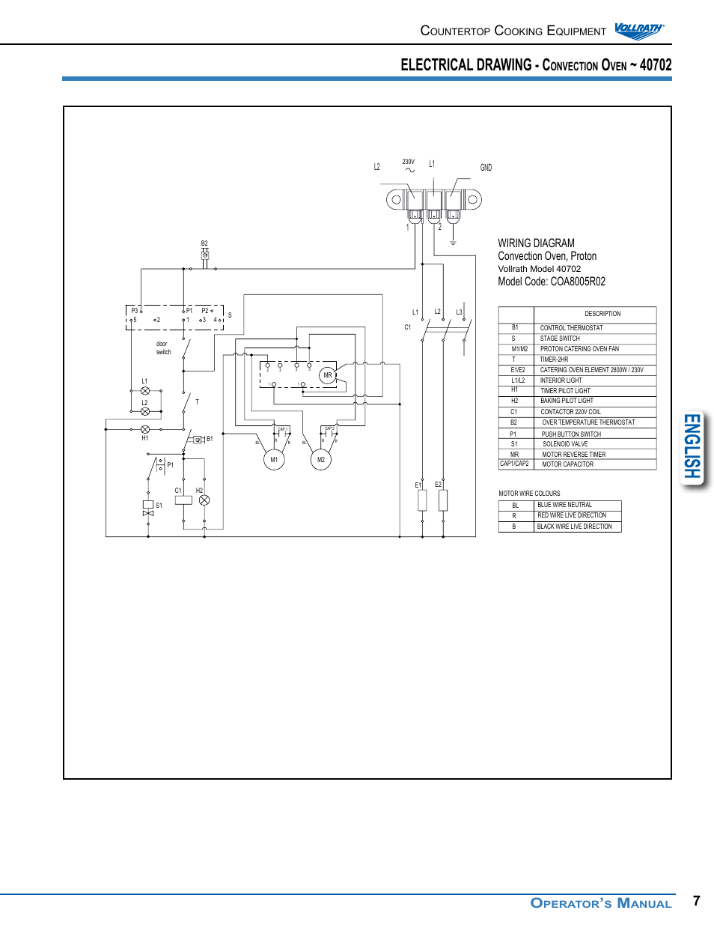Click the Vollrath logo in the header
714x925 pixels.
(x=638, y=30)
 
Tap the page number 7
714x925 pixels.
(x=697, y=900)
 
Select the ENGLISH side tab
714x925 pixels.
(x=692, y=447)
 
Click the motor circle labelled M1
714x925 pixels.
(x=275, y=460)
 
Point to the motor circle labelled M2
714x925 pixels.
(x=321, y=460)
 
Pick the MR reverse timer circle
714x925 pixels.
(x=328, y=375)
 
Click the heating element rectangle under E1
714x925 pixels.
(x=422, y=500)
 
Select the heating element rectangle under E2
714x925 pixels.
(x=443, y=500)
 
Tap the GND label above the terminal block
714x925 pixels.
(x=486, y=168)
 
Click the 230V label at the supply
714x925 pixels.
(x=408, y=162)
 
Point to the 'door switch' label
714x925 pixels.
(x=163, y=348)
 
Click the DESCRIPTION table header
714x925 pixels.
(x=602, y=314)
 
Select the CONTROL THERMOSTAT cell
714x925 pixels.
(x=571, y=328)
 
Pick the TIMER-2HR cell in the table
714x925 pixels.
(x=554, y=360)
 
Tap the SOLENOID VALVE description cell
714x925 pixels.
(x=565, y=444)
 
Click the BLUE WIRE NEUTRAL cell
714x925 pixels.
(x=564, y=505)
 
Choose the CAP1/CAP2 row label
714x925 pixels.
(x=514, y=464)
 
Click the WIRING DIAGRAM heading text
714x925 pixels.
(x=536, y=243)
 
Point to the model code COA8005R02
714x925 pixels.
(x=577, y=282)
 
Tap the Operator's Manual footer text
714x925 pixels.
(x=600, y=903)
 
